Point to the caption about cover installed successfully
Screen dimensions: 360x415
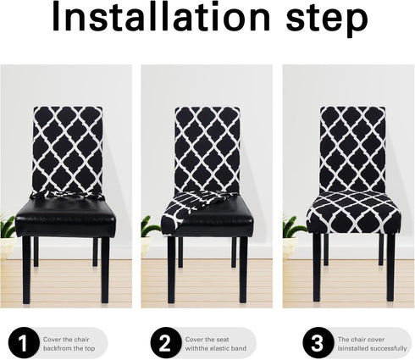[x=363, y=342]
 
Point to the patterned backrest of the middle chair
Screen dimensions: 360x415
[x=207, y=148]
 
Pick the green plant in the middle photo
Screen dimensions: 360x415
[x=148, y=227]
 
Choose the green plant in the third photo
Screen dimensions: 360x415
[x=292, y=226]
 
